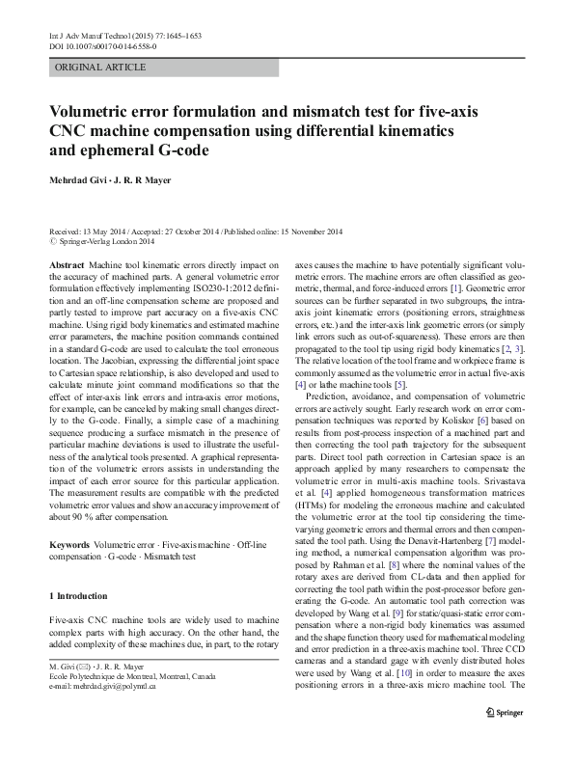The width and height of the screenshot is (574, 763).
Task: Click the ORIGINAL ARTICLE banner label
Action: tap(101, 68)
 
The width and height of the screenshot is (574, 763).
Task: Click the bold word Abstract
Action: tap(66, 263)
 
